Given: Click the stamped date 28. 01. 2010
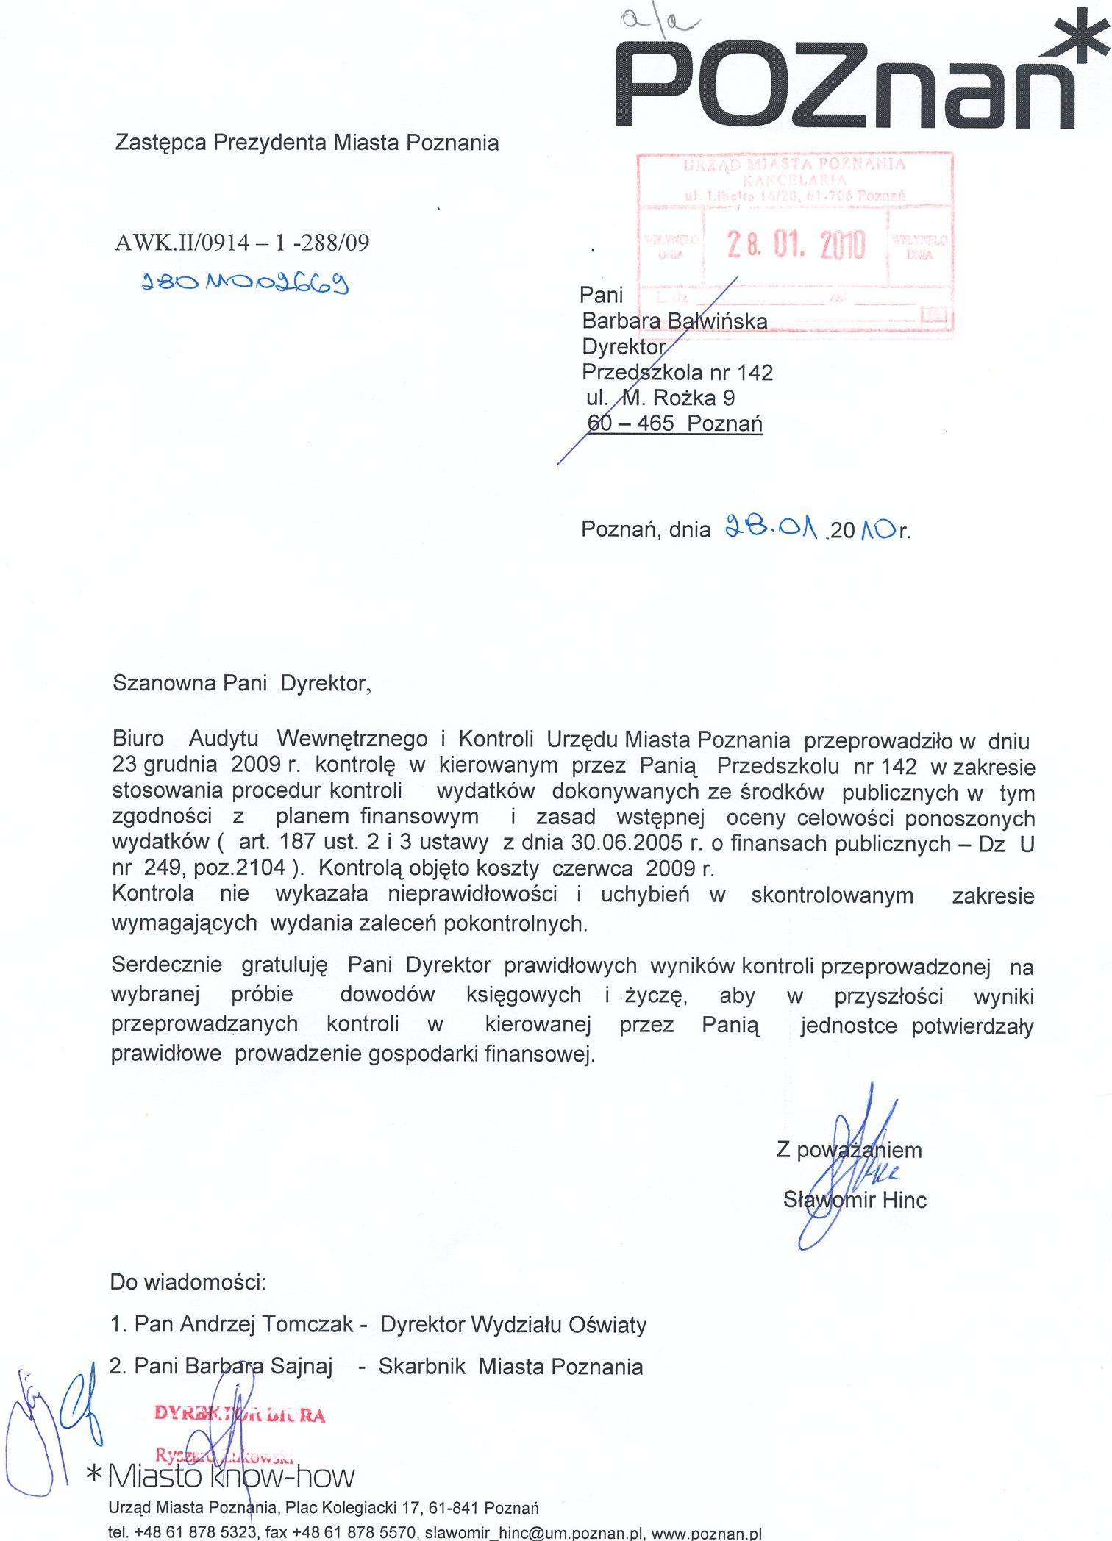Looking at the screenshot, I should [796, 245].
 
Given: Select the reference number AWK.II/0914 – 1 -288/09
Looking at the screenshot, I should [242, 243].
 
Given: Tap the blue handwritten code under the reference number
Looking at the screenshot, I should [244, 282].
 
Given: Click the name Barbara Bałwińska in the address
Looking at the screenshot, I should [674, 321].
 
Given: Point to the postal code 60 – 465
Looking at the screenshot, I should [630, 423].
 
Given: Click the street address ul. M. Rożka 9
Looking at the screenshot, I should [660, 398].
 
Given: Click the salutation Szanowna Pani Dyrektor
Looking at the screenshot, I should [241, 684].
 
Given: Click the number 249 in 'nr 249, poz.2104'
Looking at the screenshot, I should [163, 868].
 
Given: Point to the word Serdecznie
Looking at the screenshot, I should [166, 965].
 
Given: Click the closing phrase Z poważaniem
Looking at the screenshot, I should [849, 1150].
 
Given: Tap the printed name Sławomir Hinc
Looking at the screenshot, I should [855, 1200].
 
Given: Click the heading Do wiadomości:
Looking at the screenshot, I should [188, 1282].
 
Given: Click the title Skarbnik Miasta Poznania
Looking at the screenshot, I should [510, 1367].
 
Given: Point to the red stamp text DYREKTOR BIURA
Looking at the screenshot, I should [240, 1415].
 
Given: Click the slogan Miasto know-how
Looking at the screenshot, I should [230, 1476].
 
